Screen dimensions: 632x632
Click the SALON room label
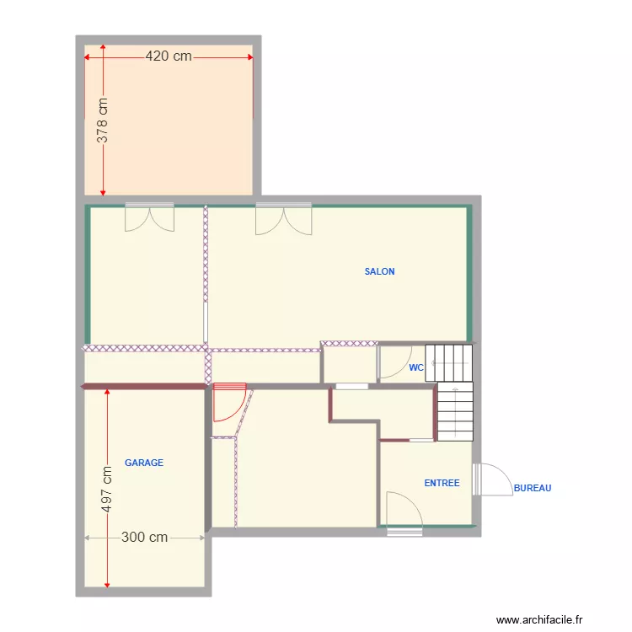click(379, 271)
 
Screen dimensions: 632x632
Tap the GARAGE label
click(144, 463)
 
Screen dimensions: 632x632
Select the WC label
click(415, 367)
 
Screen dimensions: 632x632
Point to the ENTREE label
click(442, 483)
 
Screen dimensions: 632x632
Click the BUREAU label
click(532, 488)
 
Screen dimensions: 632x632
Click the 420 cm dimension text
click(169, 56)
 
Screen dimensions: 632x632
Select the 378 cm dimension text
click(102, 121)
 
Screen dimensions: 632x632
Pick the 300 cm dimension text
click(144, 537)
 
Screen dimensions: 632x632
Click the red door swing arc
click(228, 403)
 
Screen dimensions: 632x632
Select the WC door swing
click(392, 362)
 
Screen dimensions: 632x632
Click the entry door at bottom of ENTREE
click(404, 511)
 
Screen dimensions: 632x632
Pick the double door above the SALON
click(283, 219)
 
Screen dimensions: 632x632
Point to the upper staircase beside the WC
click(449, 362)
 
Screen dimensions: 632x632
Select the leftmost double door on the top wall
click(149, 217)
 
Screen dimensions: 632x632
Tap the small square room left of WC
click(350, 364)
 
